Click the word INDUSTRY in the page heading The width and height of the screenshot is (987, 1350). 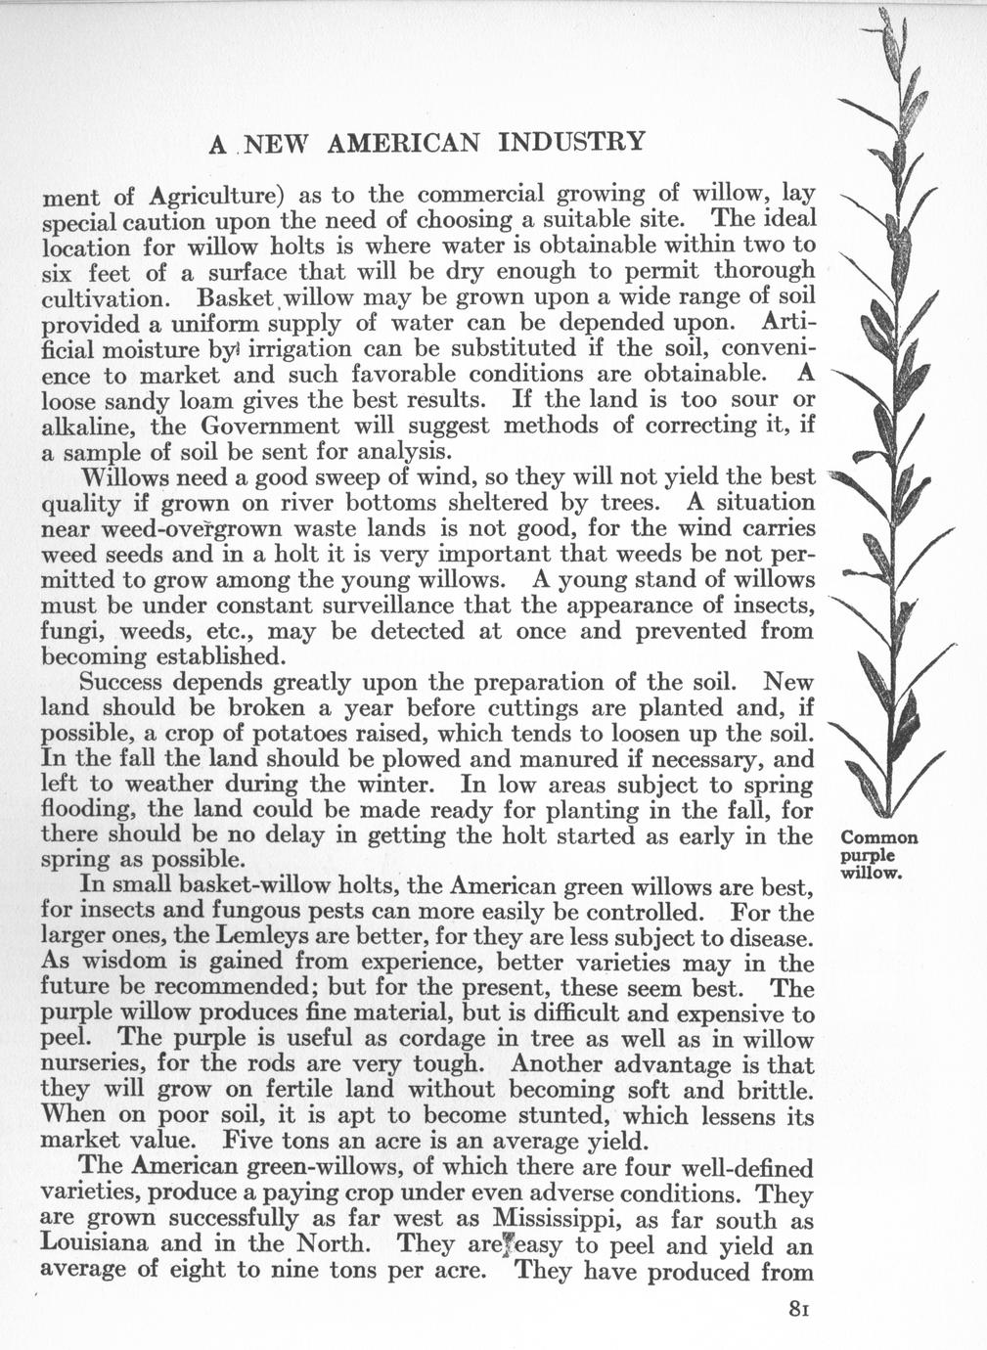point(572,142)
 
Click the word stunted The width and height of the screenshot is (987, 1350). point(560,1116)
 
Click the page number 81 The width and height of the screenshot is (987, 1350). point(801,1311)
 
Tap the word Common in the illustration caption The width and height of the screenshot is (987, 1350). point(879,838)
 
